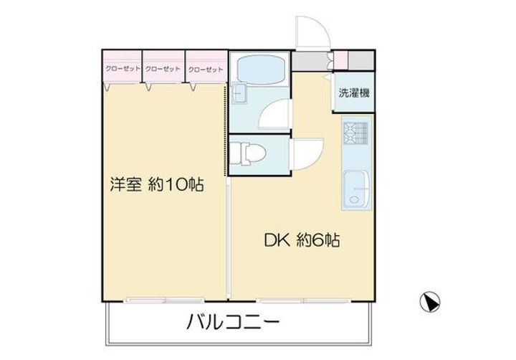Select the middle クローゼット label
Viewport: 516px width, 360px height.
[163, 70]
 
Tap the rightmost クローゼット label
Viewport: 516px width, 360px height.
[206, 70]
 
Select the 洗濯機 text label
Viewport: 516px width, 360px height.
[355, 93]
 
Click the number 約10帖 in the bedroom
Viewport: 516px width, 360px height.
[176, 185]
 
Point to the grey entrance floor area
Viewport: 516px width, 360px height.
[310, 59]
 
